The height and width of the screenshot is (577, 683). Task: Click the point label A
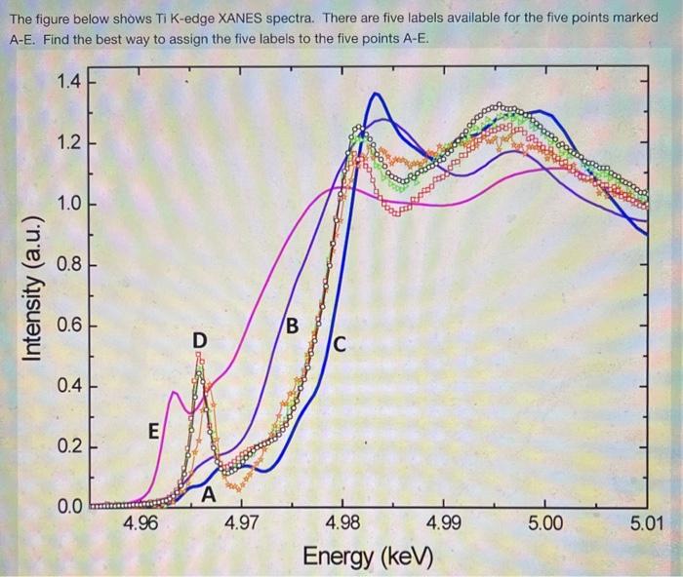tap(208, 494)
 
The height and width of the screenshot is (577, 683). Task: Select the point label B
tap(292, 324)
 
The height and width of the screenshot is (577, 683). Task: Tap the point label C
tap(340, 344)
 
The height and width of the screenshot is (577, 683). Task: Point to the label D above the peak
tap(199, 339)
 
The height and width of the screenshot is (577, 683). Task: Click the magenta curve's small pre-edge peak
tap(173, 393)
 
